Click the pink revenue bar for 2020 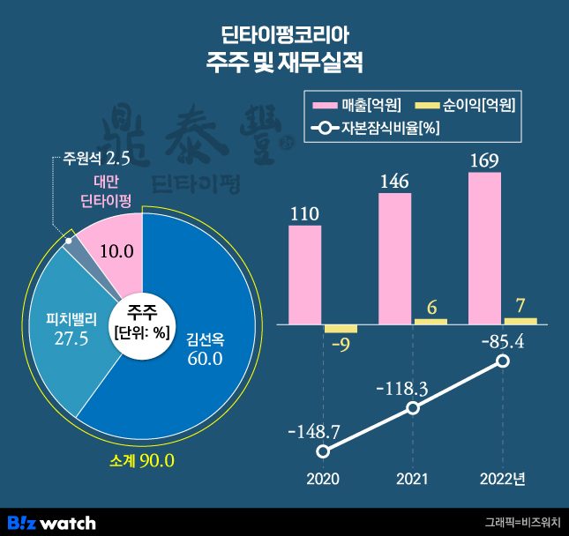(x=305, y=275)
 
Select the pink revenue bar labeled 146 (x=394, y=258)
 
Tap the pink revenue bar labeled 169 (x=484, y=248)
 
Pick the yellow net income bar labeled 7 (x=520, y=321)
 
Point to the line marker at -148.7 (x=323, y=451)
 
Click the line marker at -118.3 (x=412, y=407)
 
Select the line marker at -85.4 (x=503, y=361)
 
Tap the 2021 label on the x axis (x=412, y=480)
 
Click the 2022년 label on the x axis (x=503, y=480)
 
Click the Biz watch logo (x=50, y=522)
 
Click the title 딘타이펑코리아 (x=284, y=37)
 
